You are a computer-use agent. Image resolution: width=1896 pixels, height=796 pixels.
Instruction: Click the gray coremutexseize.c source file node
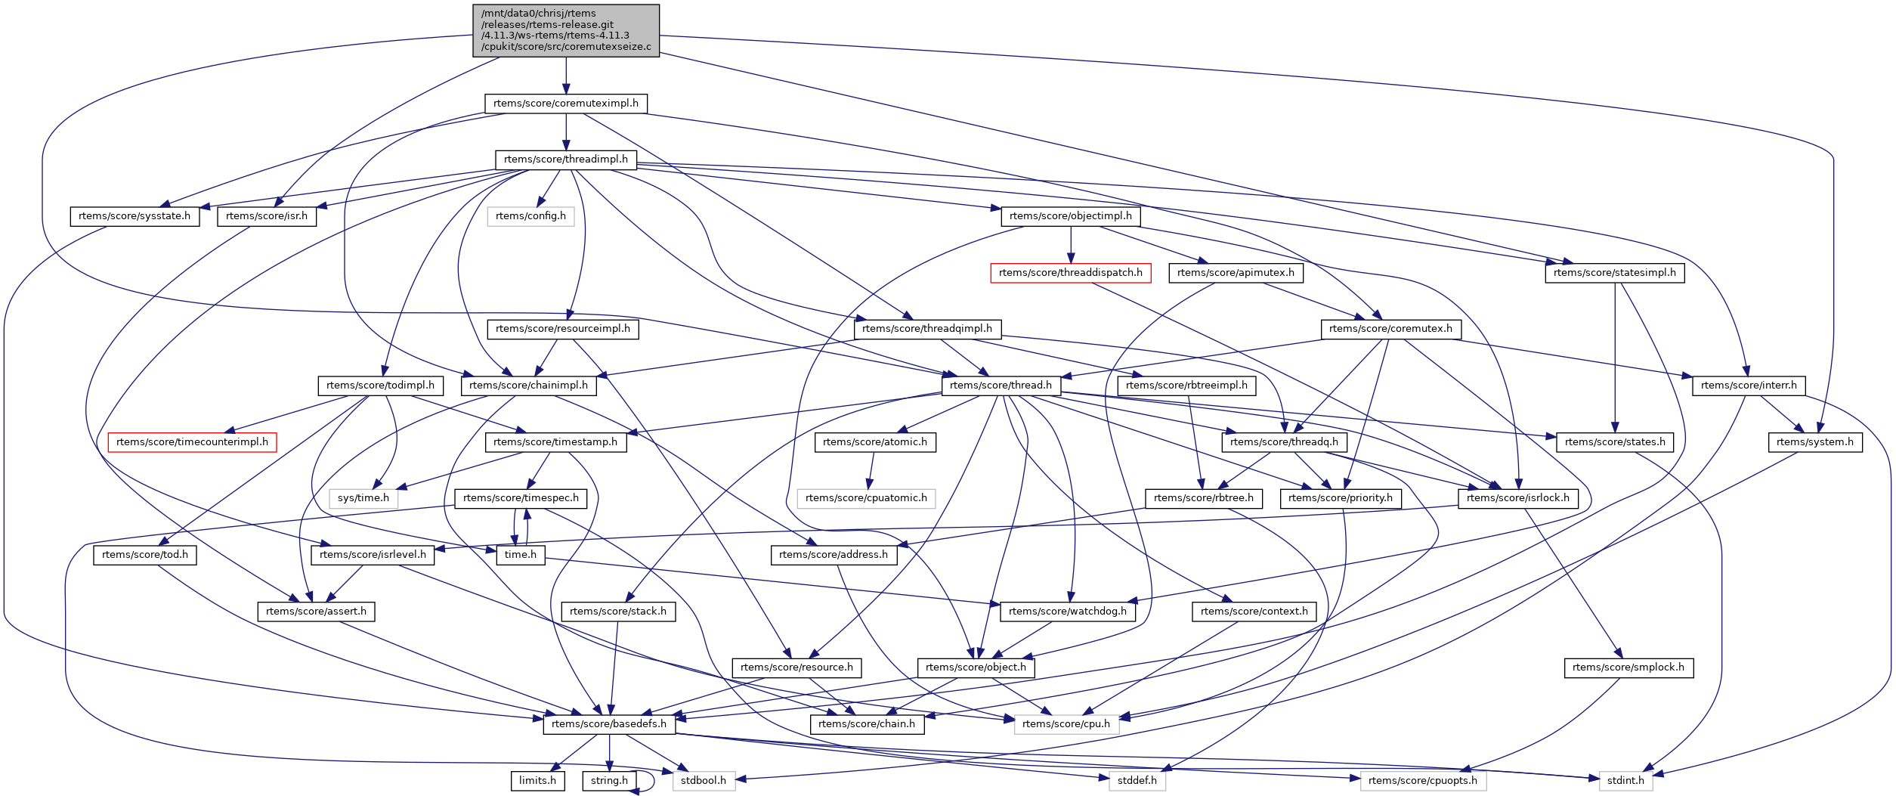(565, 30)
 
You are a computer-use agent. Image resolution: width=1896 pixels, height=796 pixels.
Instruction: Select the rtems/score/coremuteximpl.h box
(565, 104)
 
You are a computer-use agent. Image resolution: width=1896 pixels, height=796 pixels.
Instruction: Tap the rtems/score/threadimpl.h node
(565, 160)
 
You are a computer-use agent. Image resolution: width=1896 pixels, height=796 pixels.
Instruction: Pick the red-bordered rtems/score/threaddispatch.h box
(1070, 273)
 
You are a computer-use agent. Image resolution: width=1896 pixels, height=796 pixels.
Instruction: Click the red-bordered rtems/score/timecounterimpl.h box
(192, 442)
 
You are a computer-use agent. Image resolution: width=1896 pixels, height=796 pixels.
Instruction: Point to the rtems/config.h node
(530, 216)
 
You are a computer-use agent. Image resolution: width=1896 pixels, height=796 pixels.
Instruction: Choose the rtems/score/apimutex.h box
(1235, 273)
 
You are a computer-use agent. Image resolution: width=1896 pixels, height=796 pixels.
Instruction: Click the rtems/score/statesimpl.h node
(1614, 273)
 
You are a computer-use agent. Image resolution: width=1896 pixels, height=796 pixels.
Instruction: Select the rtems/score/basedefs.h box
(608, 724)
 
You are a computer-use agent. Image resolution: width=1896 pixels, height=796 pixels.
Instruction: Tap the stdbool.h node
(703, 781)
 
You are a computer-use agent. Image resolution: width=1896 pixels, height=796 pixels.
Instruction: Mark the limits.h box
(537, 781)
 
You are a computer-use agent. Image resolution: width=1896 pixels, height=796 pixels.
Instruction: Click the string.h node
(609, 781)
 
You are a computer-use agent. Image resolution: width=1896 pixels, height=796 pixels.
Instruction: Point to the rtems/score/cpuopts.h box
(1422, 781)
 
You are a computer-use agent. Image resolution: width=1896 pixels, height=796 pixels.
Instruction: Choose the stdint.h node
(1625, 781)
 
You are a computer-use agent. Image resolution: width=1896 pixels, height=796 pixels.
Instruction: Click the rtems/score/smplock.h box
(1628, 667)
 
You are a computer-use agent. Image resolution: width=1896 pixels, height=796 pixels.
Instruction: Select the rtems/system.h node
(1814, 442)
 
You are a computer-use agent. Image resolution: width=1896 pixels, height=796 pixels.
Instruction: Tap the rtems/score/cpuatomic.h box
(866, 498)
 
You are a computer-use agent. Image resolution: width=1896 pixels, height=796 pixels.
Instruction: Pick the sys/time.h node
(363, 498)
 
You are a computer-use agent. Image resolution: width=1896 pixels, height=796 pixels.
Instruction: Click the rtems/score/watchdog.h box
(1067, 612)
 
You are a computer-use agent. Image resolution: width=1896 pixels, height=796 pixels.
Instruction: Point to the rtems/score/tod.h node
(144, 555)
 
